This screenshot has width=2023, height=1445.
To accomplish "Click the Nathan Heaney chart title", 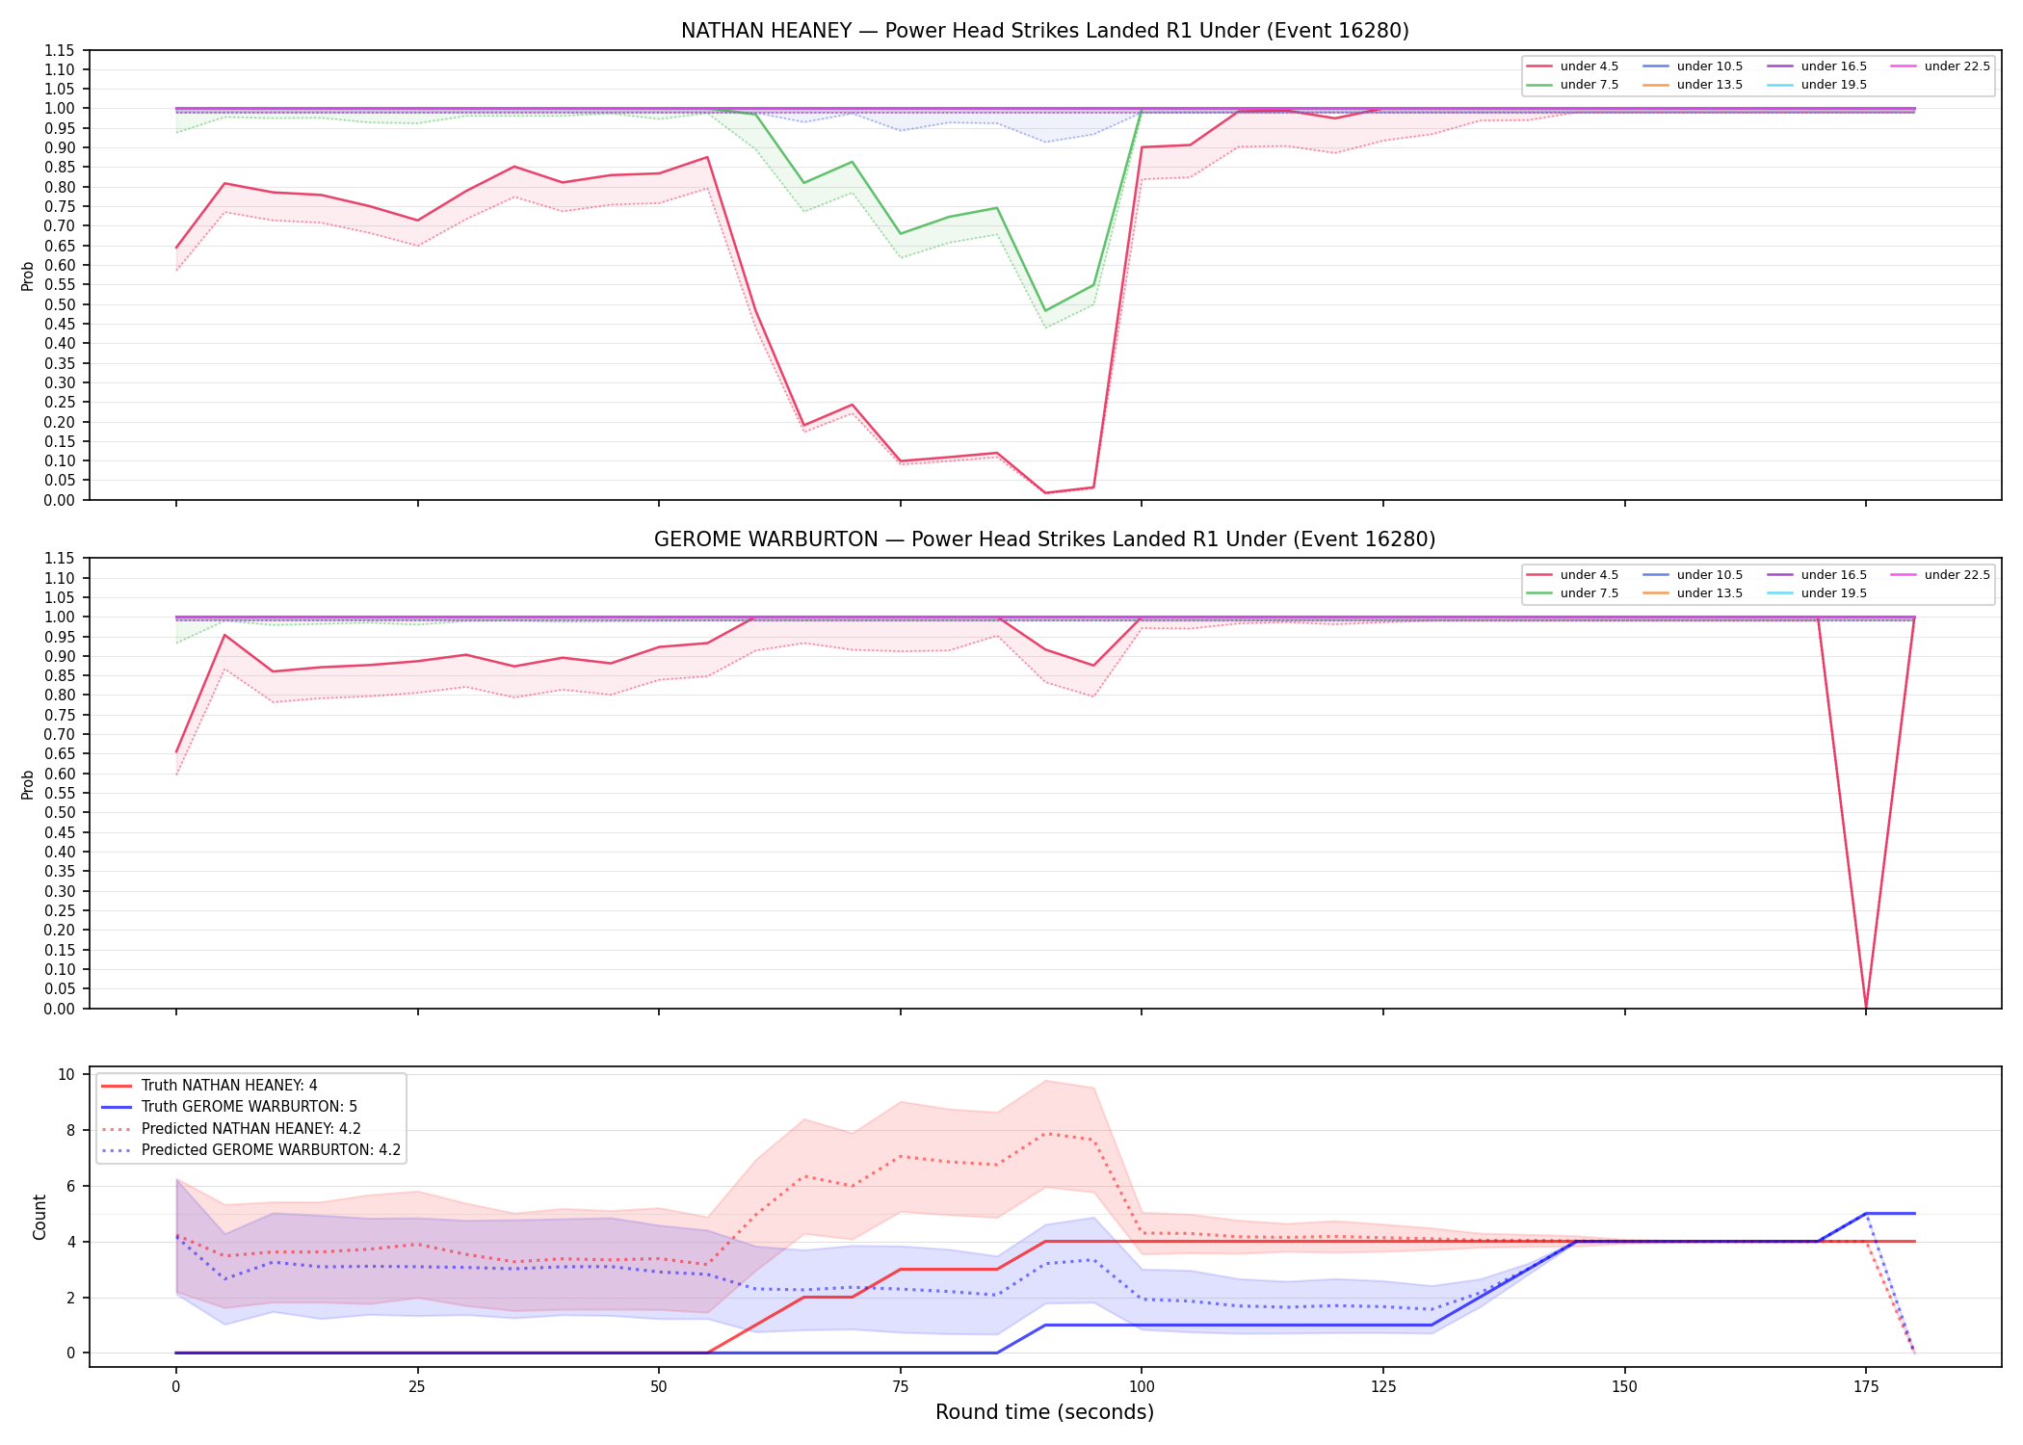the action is tap(1044, 31).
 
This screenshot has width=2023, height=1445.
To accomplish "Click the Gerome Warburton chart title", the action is tap(1044, 539).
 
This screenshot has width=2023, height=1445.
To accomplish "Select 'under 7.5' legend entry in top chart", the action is tap(1572, 85).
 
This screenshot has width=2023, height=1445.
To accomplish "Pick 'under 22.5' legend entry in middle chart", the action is tap(1940, 575).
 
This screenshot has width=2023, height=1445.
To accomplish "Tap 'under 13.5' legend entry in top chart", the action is tap(1693, 85).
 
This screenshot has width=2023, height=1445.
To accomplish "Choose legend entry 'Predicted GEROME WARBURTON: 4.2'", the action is tap(250, 1150).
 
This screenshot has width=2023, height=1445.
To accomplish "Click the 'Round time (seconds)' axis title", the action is tap(1044, 1412).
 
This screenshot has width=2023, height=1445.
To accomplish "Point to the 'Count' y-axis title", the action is tap(39, 1217).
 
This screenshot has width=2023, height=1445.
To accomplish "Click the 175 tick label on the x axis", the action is tap(1866, 1387).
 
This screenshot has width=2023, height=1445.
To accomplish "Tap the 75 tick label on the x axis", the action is tap(900, 1387).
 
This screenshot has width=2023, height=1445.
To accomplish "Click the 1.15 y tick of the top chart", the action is tap(60, 50).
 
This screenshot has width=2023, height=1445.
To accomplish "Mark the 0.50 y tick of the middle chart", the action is tap(60, 813).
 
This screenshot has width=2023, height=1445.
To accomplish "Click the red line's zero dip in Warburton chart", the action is tap(1866, 1007).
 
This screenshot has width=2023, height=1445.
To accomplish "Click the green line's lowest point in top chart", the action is tap(1045, 310).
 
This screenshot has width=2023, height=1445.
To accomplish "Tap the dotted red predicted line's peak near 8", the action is tap(1045, 1134).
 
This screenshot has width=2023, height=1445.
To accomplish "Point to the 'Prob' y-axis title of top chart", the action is tap(28, 276).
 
